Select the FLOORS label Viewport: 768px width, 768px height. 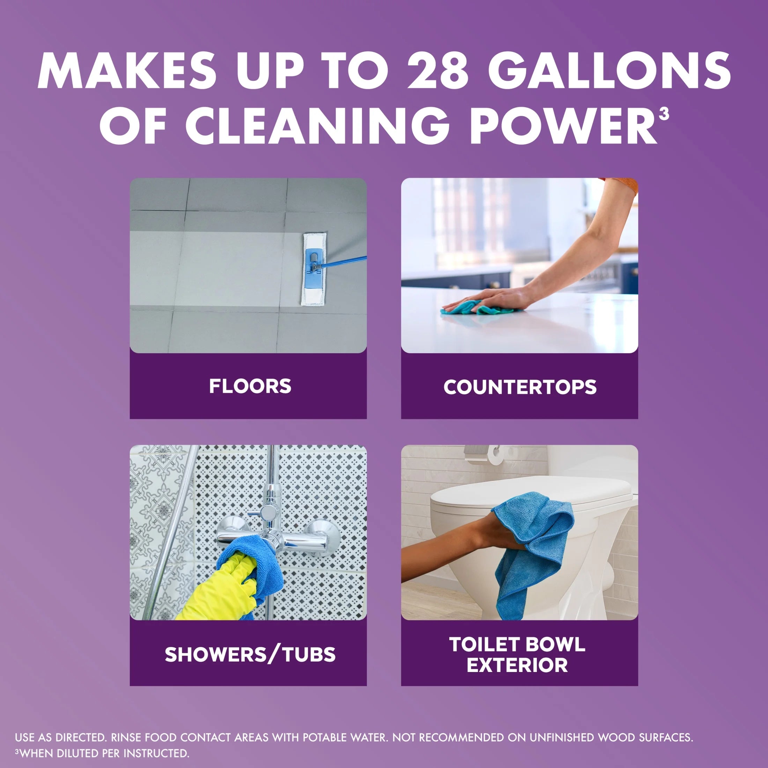coord(250,386)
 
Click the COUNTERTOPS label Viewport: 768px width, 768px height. coord(520,387)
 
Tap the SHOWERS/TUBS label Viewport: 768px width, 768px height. coord(250,655)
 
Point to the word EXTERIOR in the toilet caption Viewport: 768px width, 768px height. coord(517,665)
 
